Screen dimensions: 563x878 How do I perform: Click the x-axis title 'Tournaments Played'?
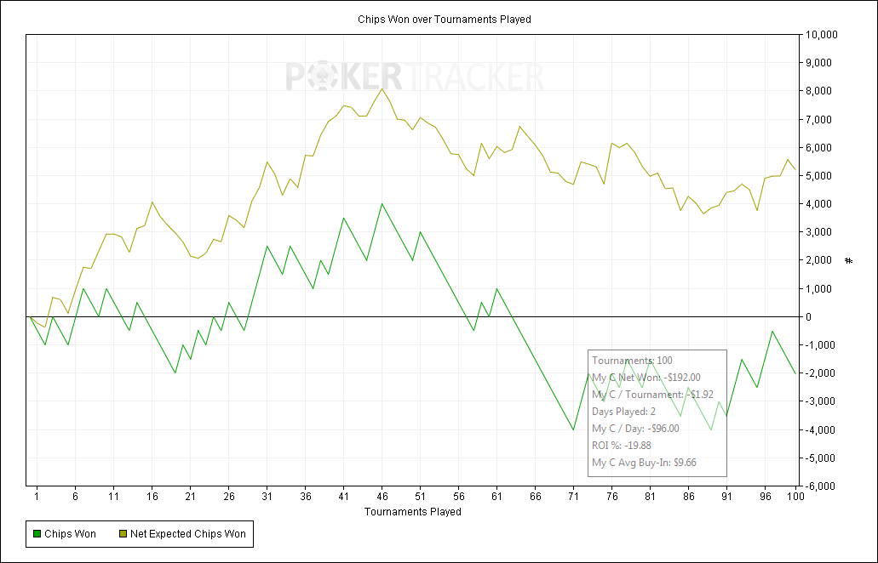413,512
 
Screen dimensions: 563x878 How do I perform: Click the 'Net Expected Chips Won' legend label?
188,534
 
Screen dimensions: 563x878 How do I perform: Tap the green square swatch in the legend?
37,534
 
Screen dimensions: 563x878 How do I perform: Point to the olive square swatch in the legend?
122,534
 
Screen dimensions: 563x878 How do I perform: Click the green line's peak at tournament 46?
382,204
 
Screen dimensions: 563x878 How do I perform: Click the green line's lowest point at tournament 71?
573,429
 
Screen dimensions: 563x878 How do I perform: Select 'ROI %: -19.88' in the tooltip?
622,446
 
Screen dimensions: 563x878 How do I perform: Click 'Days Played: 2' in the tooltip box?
629,412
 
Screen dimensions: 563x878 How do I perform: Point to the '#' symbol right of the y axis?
848,260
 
